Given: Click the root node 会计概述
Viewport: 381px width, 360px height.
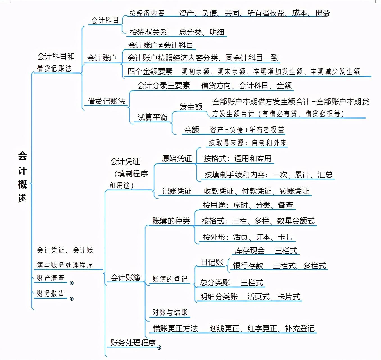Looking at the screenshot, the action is point(22,177).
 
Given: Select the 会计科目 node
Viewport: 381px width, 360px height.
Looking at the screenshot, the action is point(105,20).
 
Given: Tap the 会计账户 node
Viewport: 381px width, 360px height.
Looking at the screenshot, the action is point(102,58).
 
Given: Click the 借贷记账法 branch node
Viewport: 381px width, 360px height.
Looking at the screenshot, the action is point(106,101).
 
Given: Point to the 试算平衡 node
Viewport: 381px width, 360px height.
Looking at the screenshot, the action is point(152,117).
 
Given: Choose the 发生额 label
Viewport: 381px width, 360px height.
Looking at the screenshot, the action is point(191,107).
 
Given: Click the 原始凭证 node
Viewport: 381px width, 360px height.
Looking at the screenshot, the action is point(177,159).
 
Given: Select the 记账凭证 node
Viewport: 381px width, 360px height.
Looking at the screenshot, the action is point(177,191).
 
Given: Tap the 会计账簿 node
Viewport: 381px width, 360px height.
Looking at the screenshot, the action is point(126,278).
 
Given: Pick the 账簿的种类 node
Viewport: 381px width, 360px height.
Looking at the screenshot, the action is point(171,221).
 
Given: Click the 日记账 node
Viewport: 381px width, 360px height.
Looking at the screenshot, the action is point(212,262).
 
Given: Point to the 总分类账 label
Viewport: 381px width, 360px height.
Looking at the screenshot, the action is point(215,282).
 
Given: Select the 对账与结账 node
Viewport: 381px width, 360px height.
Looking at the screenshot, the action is point(170,312).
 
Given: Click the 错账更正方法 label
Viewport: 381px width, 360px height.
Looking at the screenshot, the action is point(175,329).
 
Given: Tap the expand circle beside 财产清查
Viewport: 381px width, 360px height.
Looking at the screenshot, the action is point(72,283).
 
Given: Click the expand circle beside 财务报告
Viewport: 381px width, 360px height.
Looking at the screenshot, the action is point(72,299).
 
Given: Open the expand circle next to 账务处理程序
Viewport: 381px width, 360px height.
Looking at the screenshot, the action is point(159,348).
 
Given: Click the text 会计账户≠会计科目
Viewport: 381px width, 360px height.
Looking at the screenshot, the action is point(160,45).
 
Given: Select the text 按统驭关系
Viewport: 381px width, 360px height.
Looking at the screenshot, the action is point(148,32).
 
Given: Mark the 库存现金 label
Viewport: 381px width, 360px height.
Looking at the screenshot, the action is point(250,250).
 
